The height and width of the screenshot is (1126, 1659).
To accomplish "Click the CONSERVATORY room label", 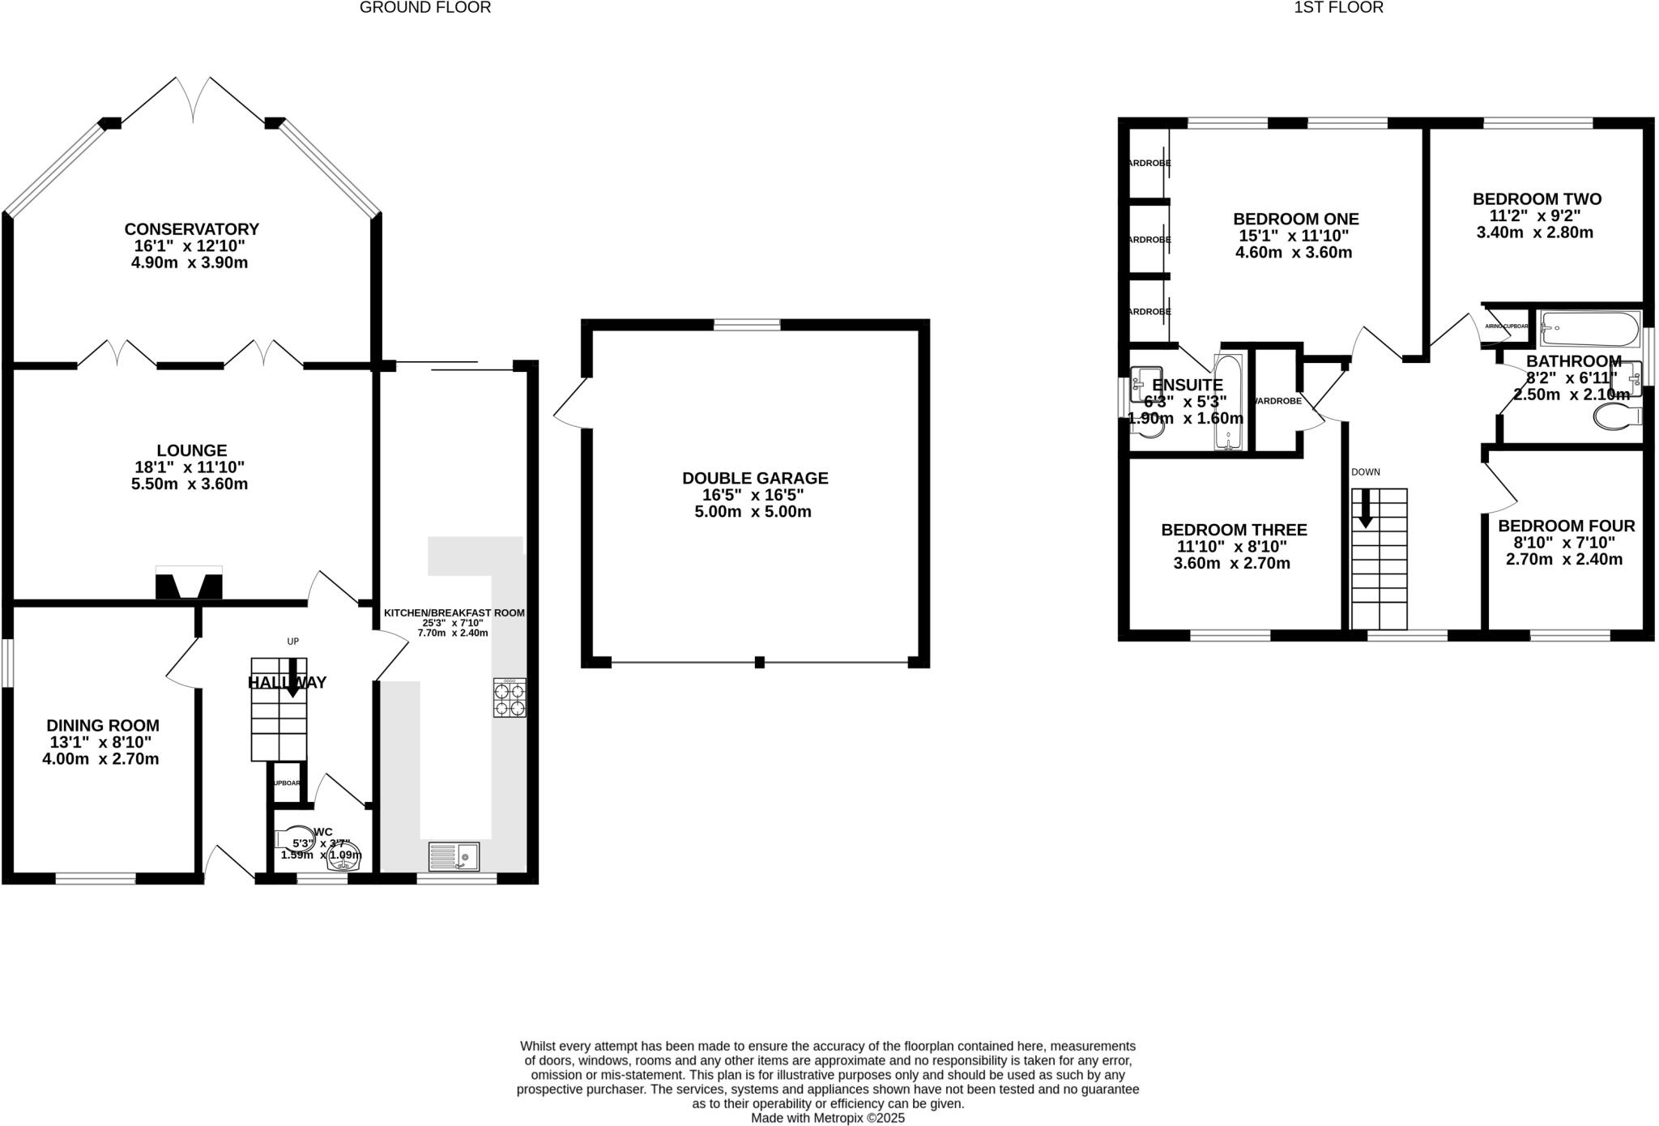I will pyautogui.click(x=191, y=229).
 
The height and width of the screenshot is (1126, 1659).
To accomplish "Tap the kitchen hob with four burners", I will pyautogui.click(x=510, y=697).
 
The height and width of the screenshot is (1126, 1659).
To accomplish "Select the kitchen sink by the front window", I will pyautogui.click(x=454, y=856).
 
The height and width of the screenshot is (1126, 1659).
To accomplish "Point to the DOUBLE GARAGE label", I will pyautogui.click(x=755, y=478).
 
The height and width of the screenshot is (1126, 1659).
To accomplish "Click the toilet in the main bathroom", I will pyautogui.click(x=1616, y=417).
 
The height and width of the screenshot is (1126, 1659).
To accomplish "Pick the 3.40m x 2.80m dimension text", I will pyautogui.click(x=1534, y=232).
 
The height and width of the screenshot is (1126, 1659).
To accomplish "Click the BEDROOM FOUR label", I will pyautogui.click(x=1566, y=526).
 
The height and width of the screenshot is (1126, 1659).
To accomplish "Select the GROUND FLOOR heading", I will pyautogui.click(x=424, y=8).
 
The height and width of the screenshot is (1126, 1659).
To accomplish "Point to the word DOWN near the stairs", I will pyautogui.click(x=1365, y=472).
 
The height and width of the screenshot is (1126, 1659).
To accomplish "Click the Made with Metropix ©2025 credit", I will pyautogui.click(x=827, y=1118).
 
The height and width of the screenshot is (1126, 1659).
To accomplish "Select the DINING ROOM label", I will pyautogui.click(x=102, y=726).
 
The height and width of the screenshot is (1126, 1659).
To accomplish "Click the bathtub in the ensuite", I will pyautogui.click(x=1227, y=402).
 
